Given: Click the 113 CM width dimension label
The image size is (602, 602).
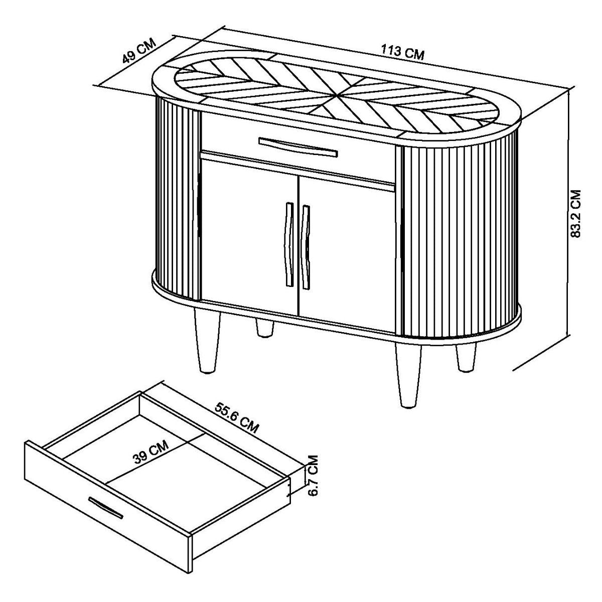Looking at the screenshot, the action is tap(402, 52).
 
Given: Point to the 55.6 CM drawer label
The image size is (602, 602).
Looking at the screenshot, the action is tap(236, 417).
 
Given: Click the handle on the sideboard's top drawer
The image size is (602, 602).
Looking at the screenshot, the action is tap(298, 147).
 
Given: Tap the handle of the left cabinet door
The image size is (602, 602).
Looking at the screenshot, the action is tap(288, 244).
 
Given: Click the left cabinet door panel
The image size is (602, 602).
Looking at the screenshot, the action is tap(249, 237).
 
